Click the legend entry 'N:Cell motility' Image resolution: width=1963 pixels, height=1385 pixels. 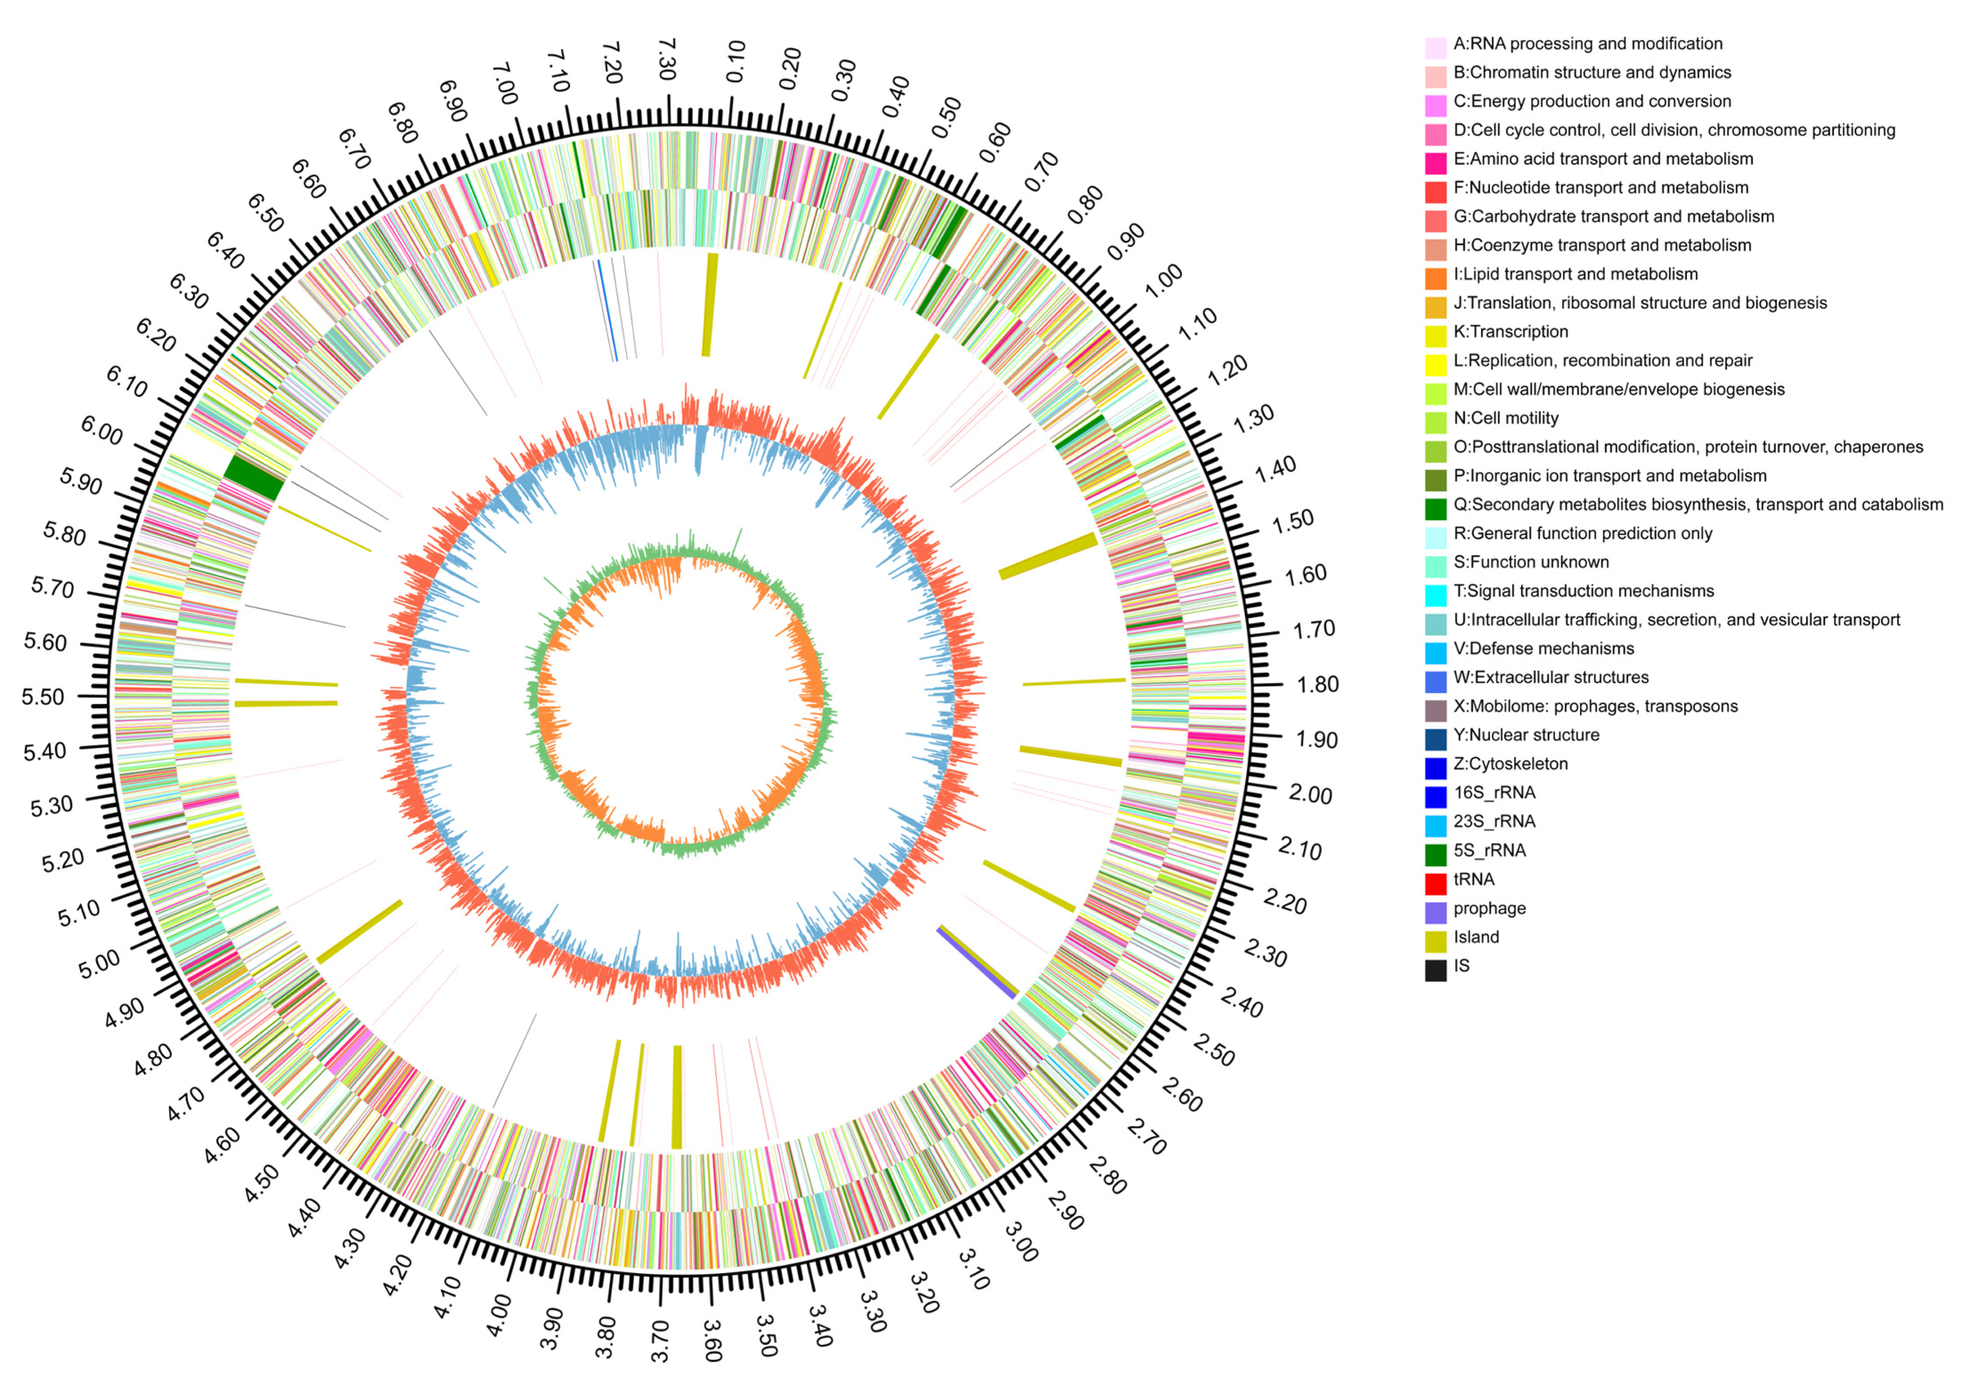click(1505, 418)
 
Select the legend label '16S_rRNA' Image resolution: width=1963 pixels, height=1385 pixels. click(1494, 792)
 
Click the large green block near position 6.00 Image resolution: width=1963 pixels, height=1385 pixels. click(253, 477)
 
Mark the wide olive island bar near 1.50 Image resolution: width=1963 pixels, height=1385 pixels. click(1048, 555)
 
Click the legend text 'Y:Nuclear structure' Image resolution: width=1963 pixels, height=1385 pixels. click(1526, 735)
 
